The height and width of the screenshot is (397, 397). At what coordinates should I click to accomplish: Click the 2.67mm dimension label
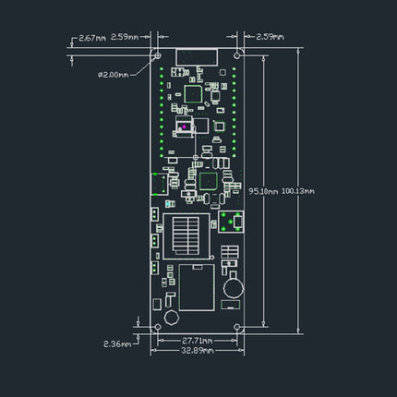92,38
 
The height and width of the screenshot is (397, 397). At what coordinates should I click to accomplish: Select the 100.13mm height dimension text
298,191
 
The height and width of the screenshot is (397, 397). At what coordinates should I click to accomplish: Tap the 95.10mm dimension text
263,191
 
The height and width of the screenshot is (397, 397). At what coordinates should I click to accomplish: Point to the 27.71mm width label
197,341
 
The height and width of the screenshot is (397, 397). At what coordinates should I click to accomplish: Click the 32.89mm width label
197,351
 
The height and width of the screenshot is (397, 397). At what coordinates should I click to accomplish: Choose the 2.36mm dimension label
117,343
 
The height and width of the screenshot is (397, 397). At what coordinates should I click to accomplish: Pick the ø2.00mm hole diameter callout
114,75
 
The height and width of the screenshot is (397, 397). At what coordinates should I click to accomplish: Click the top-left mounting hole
158,55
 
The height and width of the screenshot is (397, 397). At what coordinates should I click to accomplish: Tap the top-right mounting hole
236,55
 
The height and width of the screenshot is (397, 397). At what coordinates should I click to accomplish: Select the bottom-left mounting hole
158,327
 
